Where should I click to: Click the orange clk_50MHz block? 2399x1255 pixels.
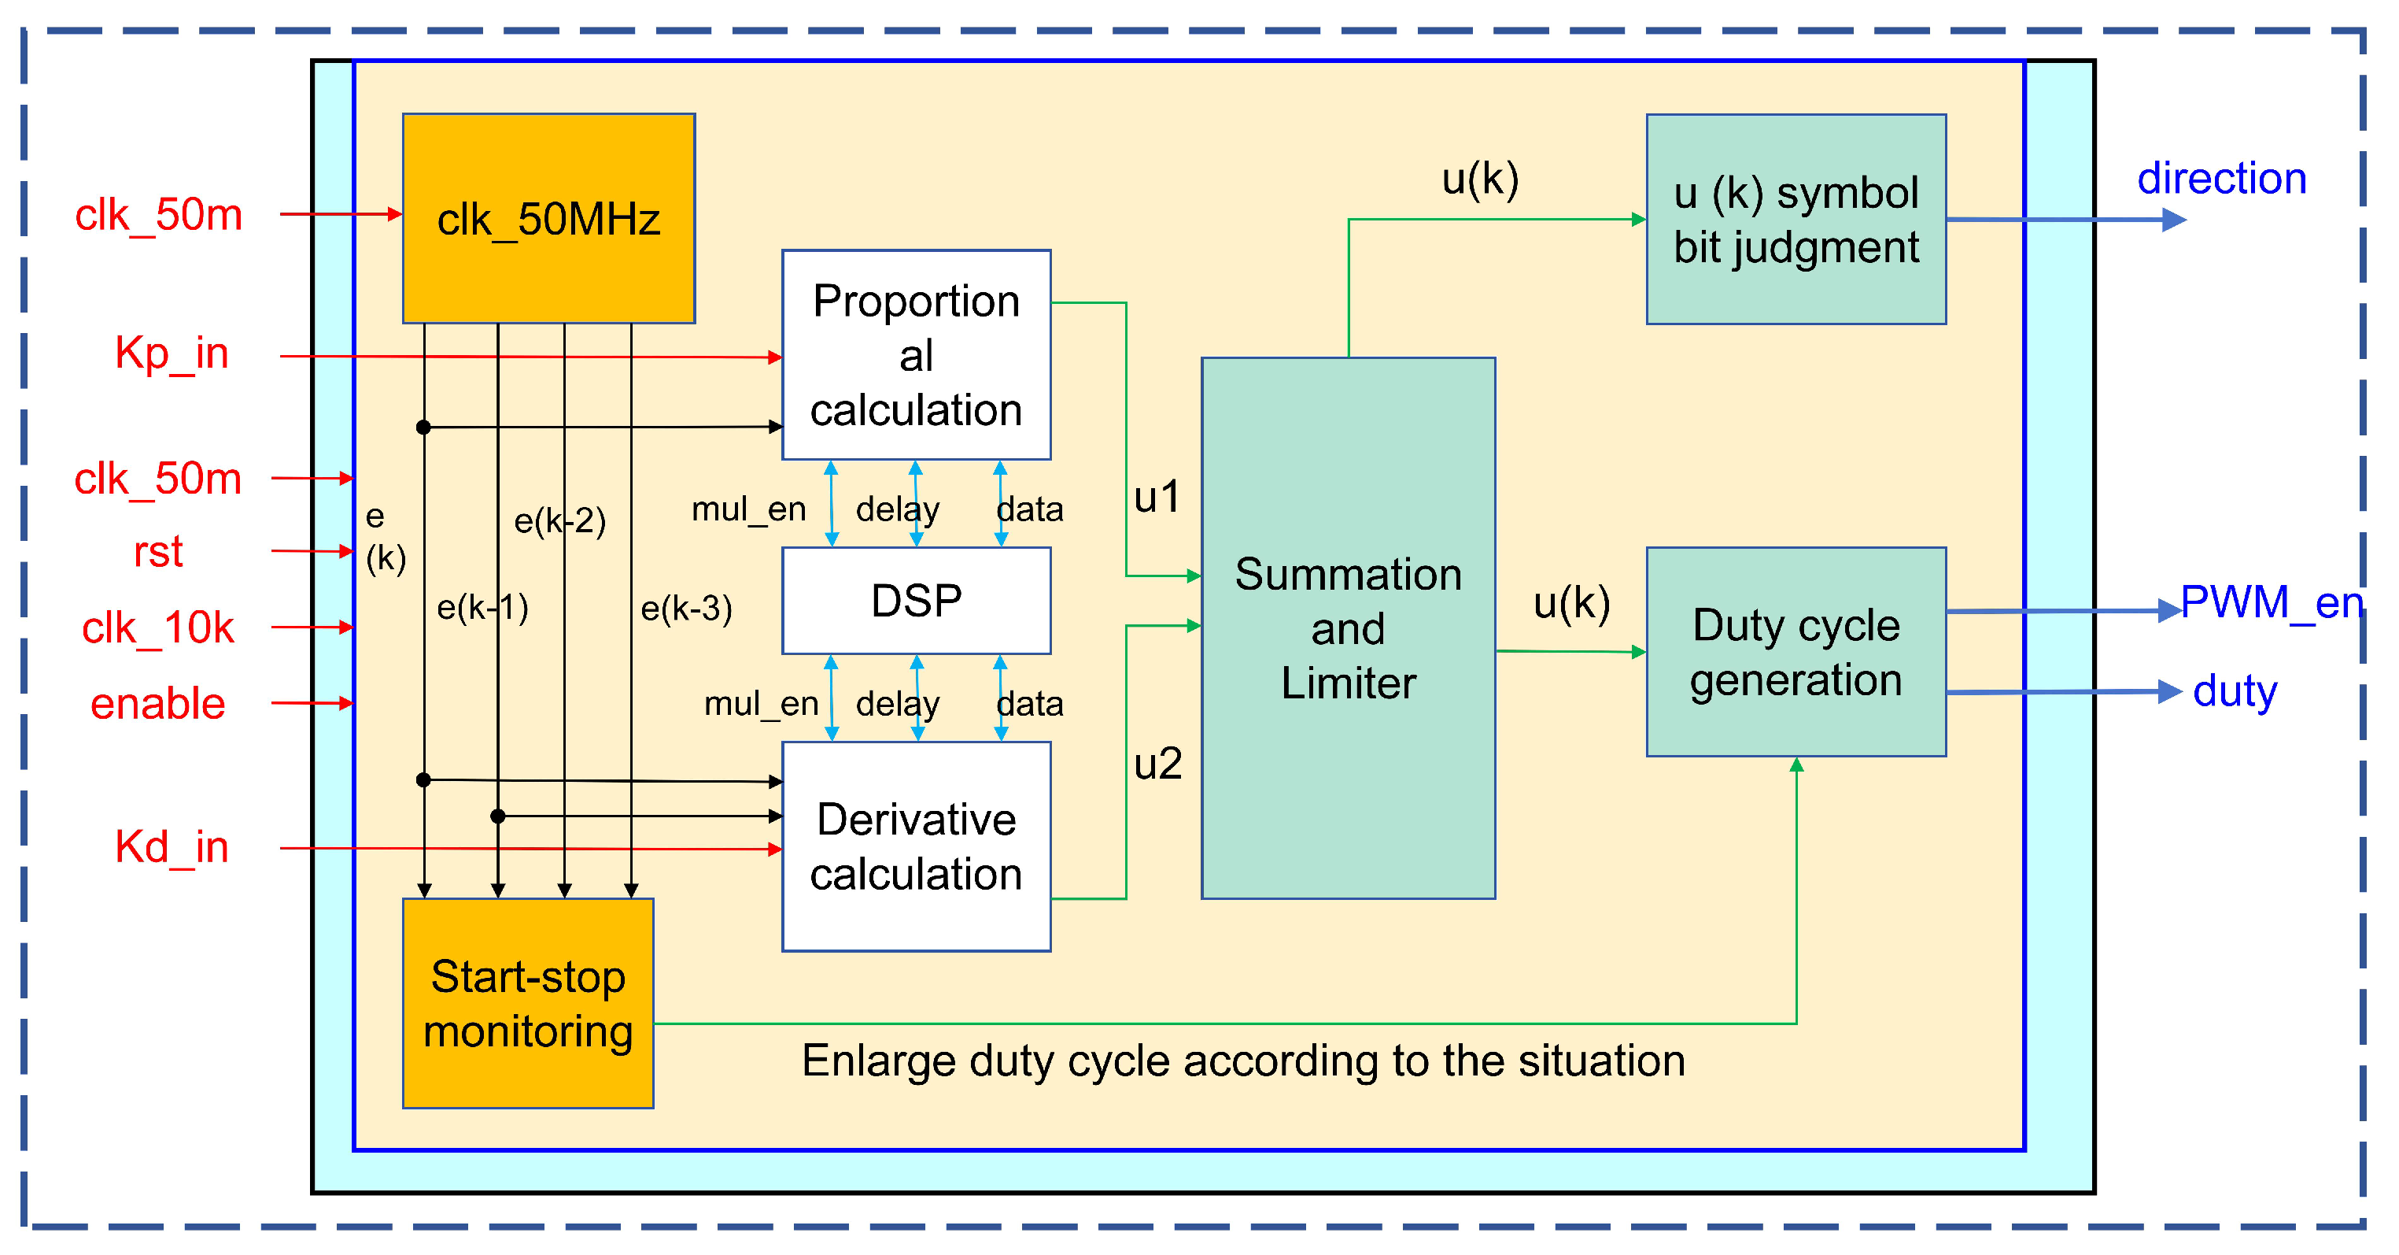click(x=548, y=219)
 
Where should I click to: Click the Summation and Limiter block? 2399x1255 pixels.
click(x=1348, y=628)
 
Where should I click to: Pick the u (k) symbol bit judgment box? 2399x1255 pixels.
click(x=1796, y=220)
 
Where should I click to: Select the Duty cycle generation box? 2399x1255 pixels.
click(x=1796, y=652)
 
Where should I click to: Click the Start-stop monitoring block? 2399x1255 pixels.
click(x=528, y=1003)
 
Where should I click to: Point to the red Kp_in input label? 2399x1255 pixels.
click(x=172, y=353)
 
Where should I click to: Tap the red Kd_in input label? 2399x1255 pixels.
click(x=172, y=847)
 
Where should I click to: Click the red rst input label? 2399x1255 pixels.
click(x=157, y=552)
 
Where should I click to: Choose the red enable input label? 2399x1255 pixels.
click(x=157, y=703)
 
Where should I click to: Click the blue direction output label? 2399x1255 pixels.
click(x=2221, y=178)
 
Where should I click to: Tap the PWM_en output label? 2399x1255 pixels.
click(x=2272, y=602)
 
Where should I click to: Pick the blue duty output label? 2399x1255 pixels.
click(x=2234, y=691)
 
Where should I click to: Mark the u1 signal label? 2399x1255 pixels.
click(x=1157, y=497)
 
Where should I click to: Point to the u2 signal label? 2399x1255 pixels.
click(x=1157, y=764)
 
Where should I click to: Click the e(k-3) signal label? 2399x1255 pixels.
click(x=686, y=609)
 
